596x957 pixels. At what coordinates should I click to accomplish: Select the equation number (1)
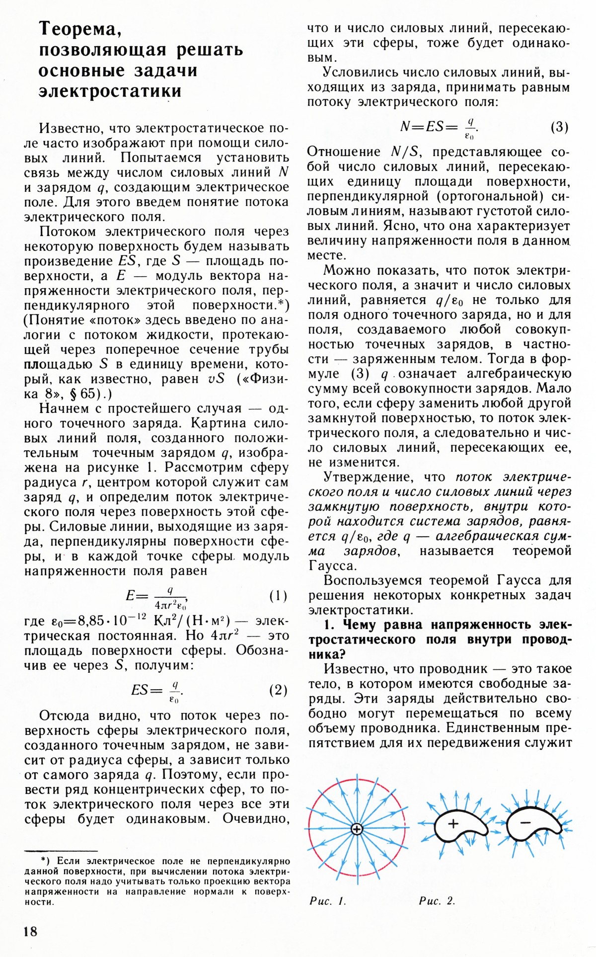click(278, 595)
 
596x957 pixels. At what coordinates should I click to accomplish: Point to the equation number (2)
click(278, 690)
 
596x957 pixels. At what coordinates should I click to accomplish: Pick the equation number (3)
click(559, 127)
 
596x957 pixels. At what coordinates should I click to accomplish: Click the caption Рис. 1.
click(328, 901)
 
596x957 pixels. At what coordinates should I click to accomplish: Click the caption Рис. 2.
click(437, 901)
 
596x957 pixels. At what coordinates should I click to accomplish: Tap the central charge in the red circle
click(357, 829)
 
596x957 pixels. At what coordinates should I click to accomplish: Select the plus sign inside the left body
click(453, 824)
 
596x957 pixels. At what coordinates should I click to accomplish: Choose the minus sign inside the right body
click(525, 823)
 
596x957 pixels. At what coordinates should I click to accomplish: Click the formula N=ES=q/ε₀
click(439, 128)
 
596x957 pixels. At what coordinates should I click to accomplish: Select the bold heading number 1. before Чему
click(331, 625)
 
